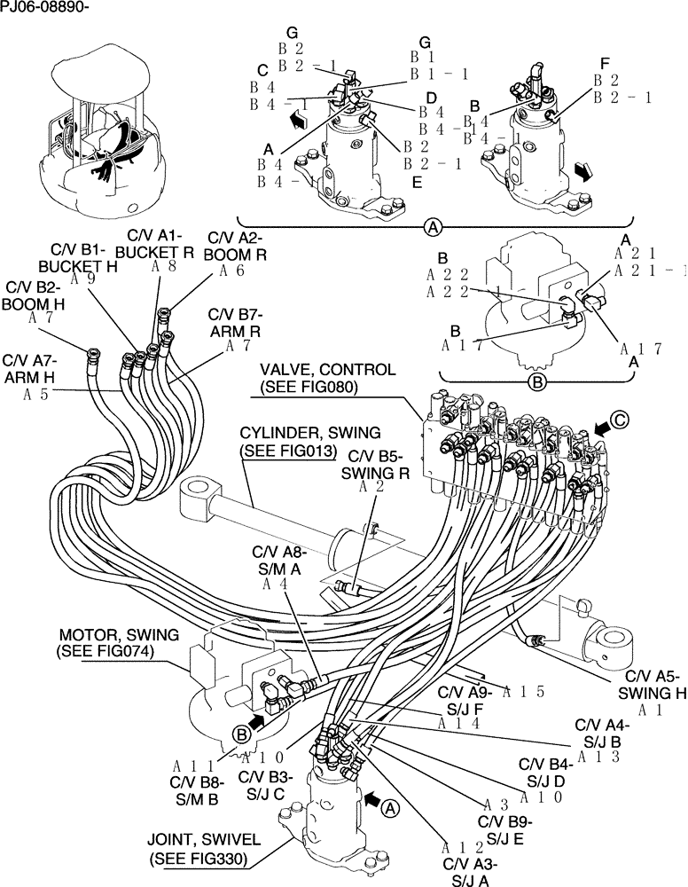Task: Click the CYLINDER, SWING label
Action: pyautogui.click(x=310, y=433)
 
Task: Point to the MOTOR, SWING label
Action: pyautogui.click(x=118, y=635)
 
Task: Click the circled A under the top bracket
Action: pyautogui.click(x=432, y=228)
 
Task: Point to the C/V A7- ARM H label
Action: pyautogui.click(x=30, y=368)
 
